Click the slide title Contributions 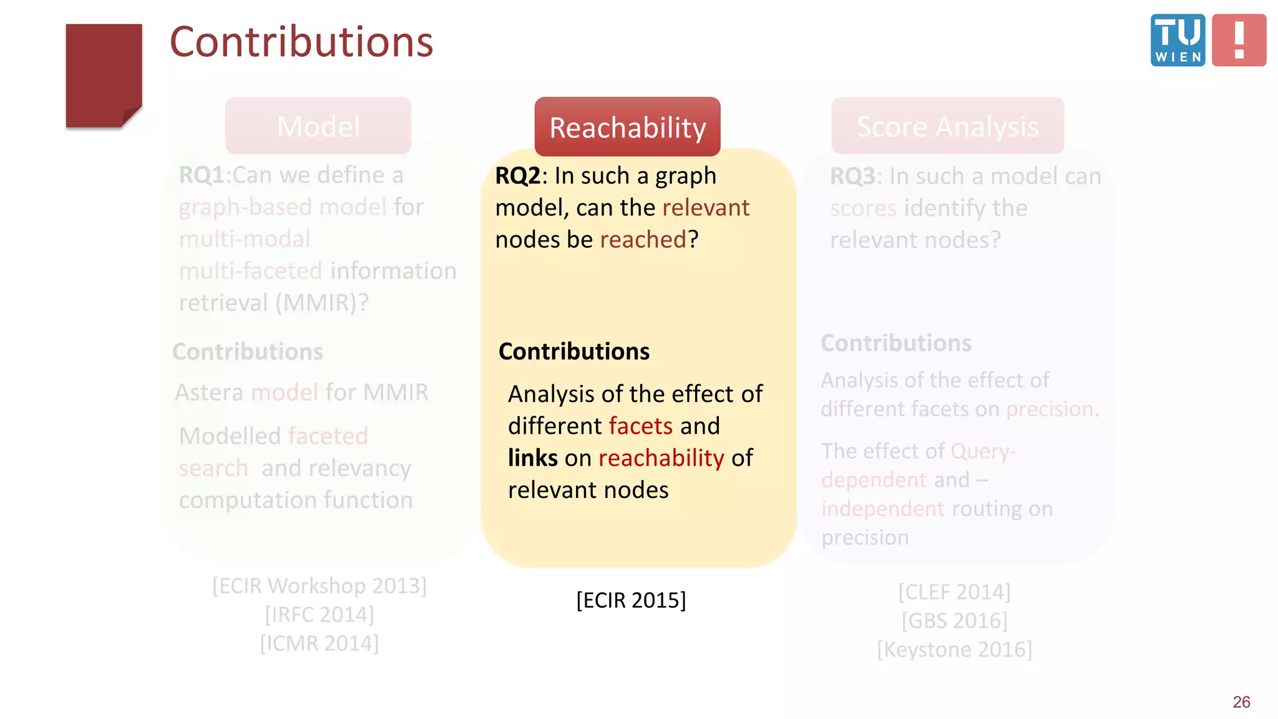pyautogui.click(x=301, y=42)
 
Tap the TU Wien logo pyautogui.click(x=1178, y=40)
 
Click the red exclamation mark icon pyautogui.click(x=1239, y=40)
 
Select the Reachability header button pyautogui.click(x=627, y=127)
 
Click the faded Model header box pyautogui.click(x=318, y=126)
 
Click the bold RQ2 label pyautogui.click(x=517, y=176)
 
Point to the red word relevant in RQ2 pyautogui.click(x=706, y=208)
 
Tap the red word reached pyautogui.click(x=643, y=240)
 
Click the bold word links pyautogui.click(x=532, y=458)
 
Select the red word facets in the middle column pyautogui.click(x=641, y=426)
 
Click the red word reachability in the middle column pyautogui.click(x=661, y=458)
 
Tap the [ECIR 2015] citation pyautogui.click(x=631, y=600)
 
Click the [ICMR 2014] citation pyautogui.click(x=319, y=643)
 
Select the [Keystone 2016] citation pyautogui.click(x=954, y=650)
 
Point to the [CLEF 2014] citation pyautogui.click(x=954, y=592)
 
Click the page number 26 pyautogui.click(x=1241, y=702)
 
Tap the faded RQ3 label pyautogui.click(x=852, y=177)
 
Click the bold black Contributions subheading pyautogui.click(x=573, y=352)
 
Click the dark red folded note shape pyautogui.click(x=104, y=76)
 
